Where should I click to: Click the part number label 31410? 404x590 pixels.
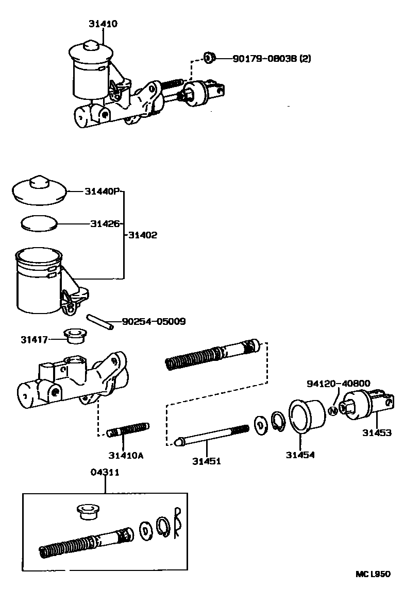tap(102, 24)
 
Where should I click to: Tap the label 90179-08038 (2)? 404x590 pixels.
tap(272, 59)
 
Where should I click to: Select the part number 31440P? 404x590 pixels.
tap(102, 192)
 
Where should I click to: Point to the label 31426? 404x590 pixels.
tap(105, 224)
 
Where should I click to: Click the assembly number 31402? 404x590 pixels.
tap(143, 235)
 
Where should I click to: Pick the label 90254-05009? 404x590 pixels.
tap(154, 322)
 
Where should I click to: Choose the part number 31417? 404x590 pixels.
tap(35, 340)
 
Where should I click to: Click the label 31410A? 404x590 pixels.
tap(126, 455)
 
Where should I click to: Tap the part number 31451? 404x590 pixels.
tap(207, 461)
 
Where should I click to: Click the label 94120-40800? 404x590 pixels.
tap(338, 384)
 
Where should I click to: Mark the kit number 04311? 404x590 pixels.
tap(105, 472)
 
